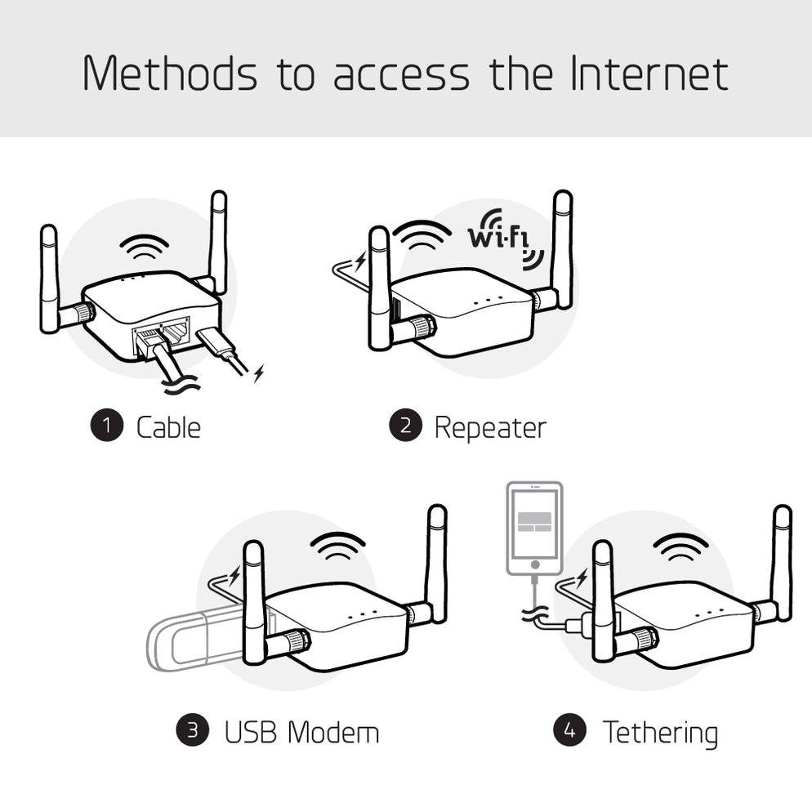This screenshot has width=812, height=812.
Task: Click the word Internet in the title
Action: click(x=649, y=74)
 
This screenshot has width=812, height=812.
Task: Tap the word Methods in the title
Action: click(x=169, y=74)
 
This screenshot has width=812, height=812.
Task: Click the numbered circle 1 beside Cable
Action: click(x=106, y=426)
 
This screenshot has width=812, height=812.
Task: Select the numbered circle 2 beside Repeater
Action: click(x=405, y=426)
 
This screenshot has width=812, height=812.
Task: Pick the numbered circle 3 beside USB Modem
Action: click(x=193, y=729)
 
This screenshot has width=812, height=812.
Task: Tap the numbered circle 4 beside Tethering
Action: click(x=569, y=729)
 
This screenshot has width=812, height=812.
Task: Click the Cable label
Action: click(x=168, y=426)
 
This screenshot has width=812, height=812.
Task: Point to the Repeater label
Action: click(x=489, y=427)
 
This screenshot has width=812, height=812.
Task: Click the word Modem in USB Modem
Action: click(x=335, y=731)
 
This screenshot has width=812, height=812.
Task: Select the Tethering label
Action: click(x=660, y=731)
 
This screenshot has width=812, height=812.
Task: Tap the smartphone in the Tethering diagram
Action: click(x=534, y=527)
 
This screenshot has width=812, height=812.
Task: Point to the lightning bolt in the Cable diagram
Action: click(x=259, y=374)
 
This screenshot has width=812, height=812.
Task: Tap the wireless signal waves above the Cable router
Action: click(x=144, y=246)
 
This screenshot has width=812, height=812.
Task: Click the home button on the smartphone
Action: click(x=534, y=564)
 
